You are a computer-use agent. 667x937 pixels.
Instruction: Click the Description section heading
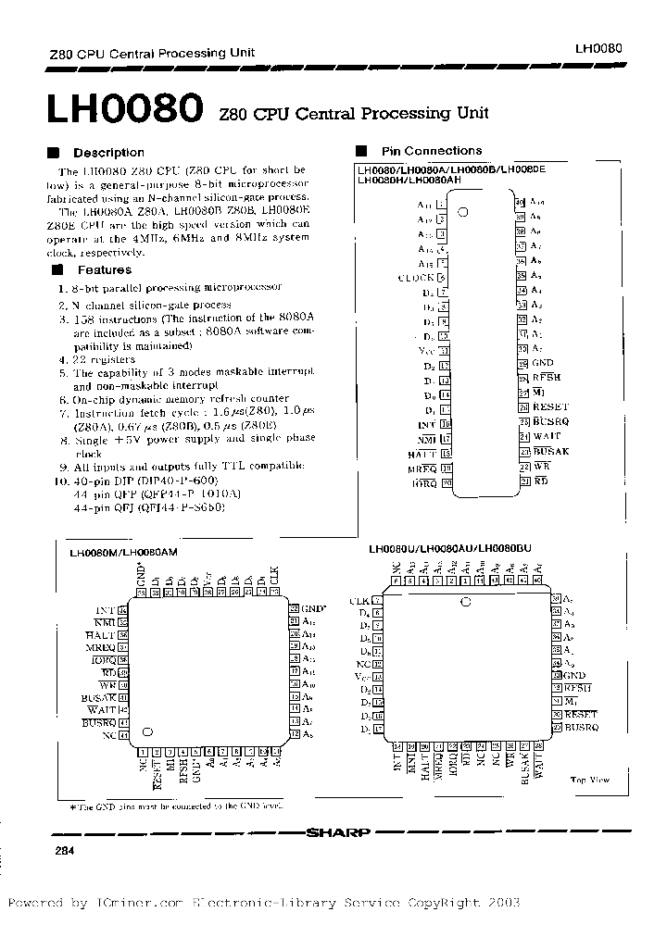point(108,153)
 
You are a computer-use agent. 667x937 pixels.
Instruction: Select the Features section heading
point(104,270)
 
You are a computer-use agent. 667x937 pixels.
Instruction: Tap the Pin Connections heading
point(431,151)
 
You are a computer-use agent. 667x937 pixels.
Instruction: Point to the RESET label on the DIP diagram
point(550,407)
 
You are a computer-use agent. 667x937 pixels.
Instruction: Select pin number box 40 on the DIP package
point(522,202)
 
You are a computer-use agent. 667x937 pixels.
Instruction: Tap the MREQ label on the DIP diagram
point(422,468)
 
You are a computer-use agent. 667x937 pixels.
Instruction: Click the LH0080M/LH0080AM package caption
point(123,552)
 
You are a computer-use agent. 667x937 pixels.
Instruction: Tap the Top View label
point(589,781)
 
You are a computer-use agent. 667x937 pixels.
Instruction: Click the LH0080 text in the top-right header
point(598,47)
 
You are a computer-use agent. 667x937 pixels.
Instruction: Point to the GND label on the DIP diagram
point(543,364)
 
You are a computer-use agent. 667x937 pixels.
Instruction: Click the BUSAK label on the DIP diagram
point(550,451)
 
